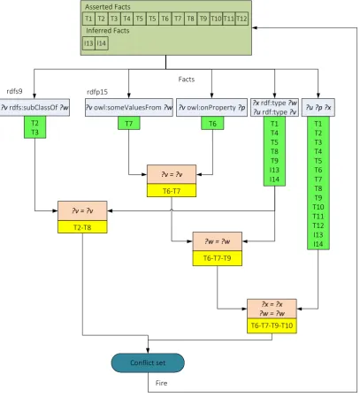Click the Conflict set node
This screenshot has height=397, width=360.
(148, 363)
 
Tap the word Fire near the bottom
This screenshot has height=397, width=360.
(161, 383)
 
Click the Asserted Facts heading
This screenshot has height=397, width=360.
(107, 7)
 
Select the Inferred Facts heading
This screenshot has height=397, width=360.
(107, 30)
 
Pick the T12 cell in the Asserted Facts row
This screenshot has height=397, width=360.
(241, 19)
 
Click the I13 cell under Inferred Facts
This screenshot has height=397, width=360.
(88, 43)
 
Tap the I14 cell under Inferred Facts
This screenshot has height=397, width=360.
(102, 43)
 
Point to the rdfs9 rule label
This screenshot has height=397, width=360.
(14, 91)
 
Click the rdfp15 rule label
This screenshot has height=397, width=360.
(97, 92)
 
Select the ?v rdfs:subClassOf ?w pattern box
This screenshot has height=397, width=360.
(34, 107)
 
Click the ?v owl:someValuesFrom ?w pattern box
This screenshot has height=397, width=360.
(129, 107)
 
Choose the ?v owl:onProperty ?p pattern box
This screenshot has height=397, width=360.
(211, 107)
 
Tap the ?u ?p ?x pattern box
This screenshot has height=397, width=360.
(318, 107)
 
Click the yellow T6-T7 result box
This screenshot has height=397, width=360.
(172, 191)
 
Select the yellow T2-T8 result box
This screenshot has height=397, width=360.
(82, 227)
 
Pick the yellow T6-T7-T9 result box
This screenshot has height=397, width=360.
(218, 258)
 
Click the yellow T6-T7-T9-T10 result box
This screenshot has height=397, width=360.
(272, 325)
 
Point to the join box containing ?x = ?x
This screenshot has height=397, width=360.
(272, 309)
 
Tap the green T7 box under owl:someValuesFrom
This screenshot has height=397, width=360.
(129, 123)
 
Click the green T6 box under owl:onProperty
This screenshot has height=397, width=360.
(212, 123)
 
